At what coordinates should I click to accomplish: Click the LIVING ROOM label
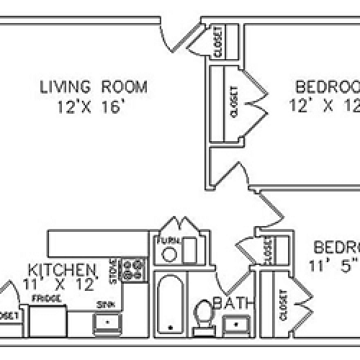[93, 87]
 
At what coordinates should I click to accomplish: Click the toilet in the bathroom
[203, 315]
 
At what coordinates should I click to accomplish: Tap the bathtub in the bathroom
[169, 303]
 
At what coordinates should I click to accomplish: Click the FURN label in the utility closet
[169, 240]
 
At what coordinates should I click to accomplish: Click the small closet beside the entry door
[218, 42]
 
